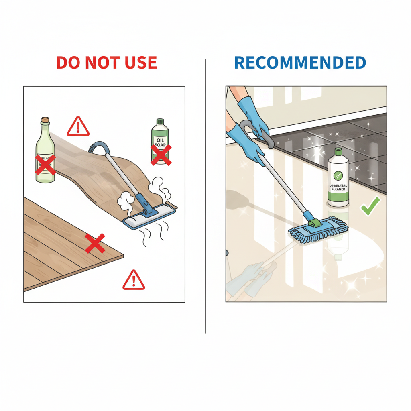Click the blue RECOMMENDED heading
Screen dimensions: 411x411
pos(300,63)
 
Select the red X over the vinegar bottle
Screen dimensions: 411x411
pos(45,164)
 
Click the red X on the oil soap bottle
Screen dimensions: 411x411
pos(161,155)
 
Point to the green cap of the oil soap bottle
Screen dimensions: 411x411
pos(160,121)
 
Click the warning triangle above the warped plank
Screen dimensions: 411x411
pos(78,126)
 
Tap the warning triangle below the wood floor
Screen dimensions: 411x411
pos(133,280)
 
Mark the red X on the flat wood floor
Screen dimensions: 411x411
pos(95,243)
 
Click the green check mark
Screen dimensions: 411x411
pos(370,206)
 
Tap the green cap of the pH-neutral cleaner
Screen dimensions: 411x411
pos(338,152)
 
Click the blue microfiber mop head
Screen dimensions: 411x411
pos(317,230)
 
